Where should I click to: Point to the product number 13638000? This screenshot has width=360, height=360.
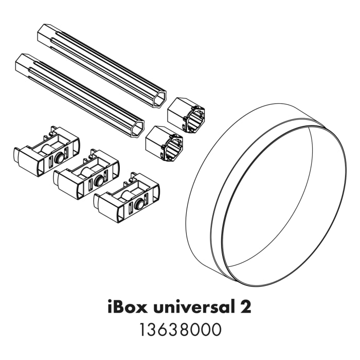[179, 330]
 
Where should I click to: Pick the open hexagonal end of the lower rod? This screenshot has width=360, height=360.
[137, 129]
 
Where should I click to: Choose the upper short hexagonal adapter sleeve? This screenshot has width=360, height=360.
[186, 113]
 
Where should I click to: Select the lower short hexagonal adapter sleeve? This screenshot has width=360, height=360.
[164, 142]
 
